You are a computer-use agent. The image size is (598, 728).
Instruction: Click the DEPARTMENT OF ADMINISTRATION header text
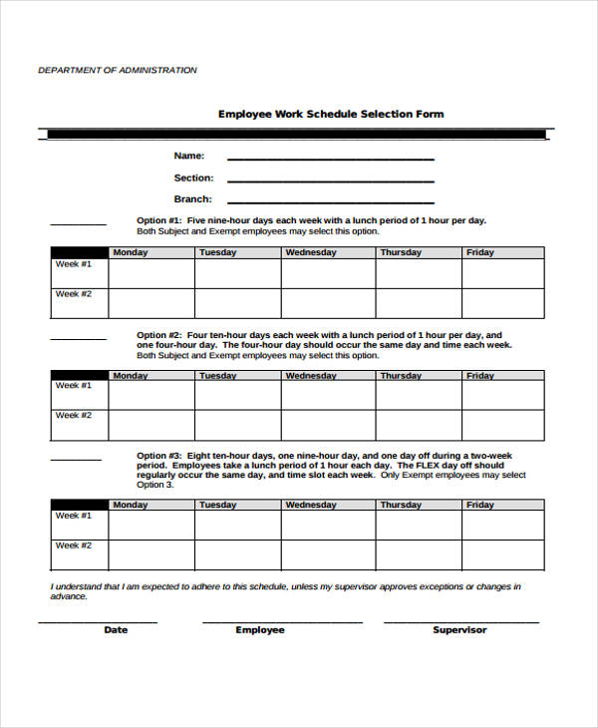(x=118, y=70)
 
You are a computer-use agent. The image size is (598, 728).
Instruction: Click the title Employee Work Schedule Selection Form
(x=331, y=114)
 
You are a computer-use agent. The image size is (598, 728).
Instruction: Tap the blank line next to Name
(x=330, y=158)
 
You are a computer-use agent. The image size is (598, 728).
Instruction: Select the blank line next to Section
(x=330, y=180)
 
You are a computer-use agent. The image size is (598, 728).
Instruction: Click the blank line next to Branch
(x=330, y=201)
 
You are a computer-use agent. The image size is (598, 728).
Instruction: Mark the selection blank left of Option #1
(x=78, y=223)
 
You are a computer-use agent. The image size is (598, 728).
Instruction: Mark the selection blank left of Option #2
(x=78, y=338)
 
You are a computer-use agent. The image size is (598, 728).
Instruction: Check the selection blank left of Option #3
(x=76, y=459)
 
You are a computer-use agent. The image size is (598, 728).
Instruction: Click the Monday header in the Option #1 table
(x=130, y=253)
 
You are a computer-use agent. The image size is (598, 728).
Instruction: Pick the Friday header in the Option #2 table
(x=480, y=376)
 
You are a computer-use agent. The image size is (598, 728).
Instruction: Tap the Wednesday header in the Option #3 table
(x=311, y=506)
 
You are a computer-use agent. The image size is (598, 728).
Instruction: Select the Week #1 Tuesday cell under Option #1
(x=237, y=273)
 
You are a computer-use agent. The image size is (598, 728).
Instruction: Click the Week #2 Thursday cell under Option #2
(x=418, y=425)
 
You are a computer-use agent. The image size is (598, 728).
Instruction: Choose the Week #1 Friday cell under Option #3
(x=502, y=525)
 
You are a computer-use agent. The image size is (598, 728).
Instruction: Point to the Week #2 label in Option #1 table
(x=74, y=294)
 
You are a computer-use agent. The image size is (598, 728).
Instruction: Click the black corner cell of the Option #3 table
(x=80, y=505)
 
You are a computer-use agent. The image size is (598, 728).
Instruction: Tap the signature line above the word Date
(x=98, y=621)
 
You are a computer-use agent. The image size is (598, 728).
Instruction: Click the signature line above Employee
(x=282, y=621)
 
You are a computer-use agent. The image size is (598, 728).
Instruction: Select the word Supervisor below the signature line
(x=459, y=630)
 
